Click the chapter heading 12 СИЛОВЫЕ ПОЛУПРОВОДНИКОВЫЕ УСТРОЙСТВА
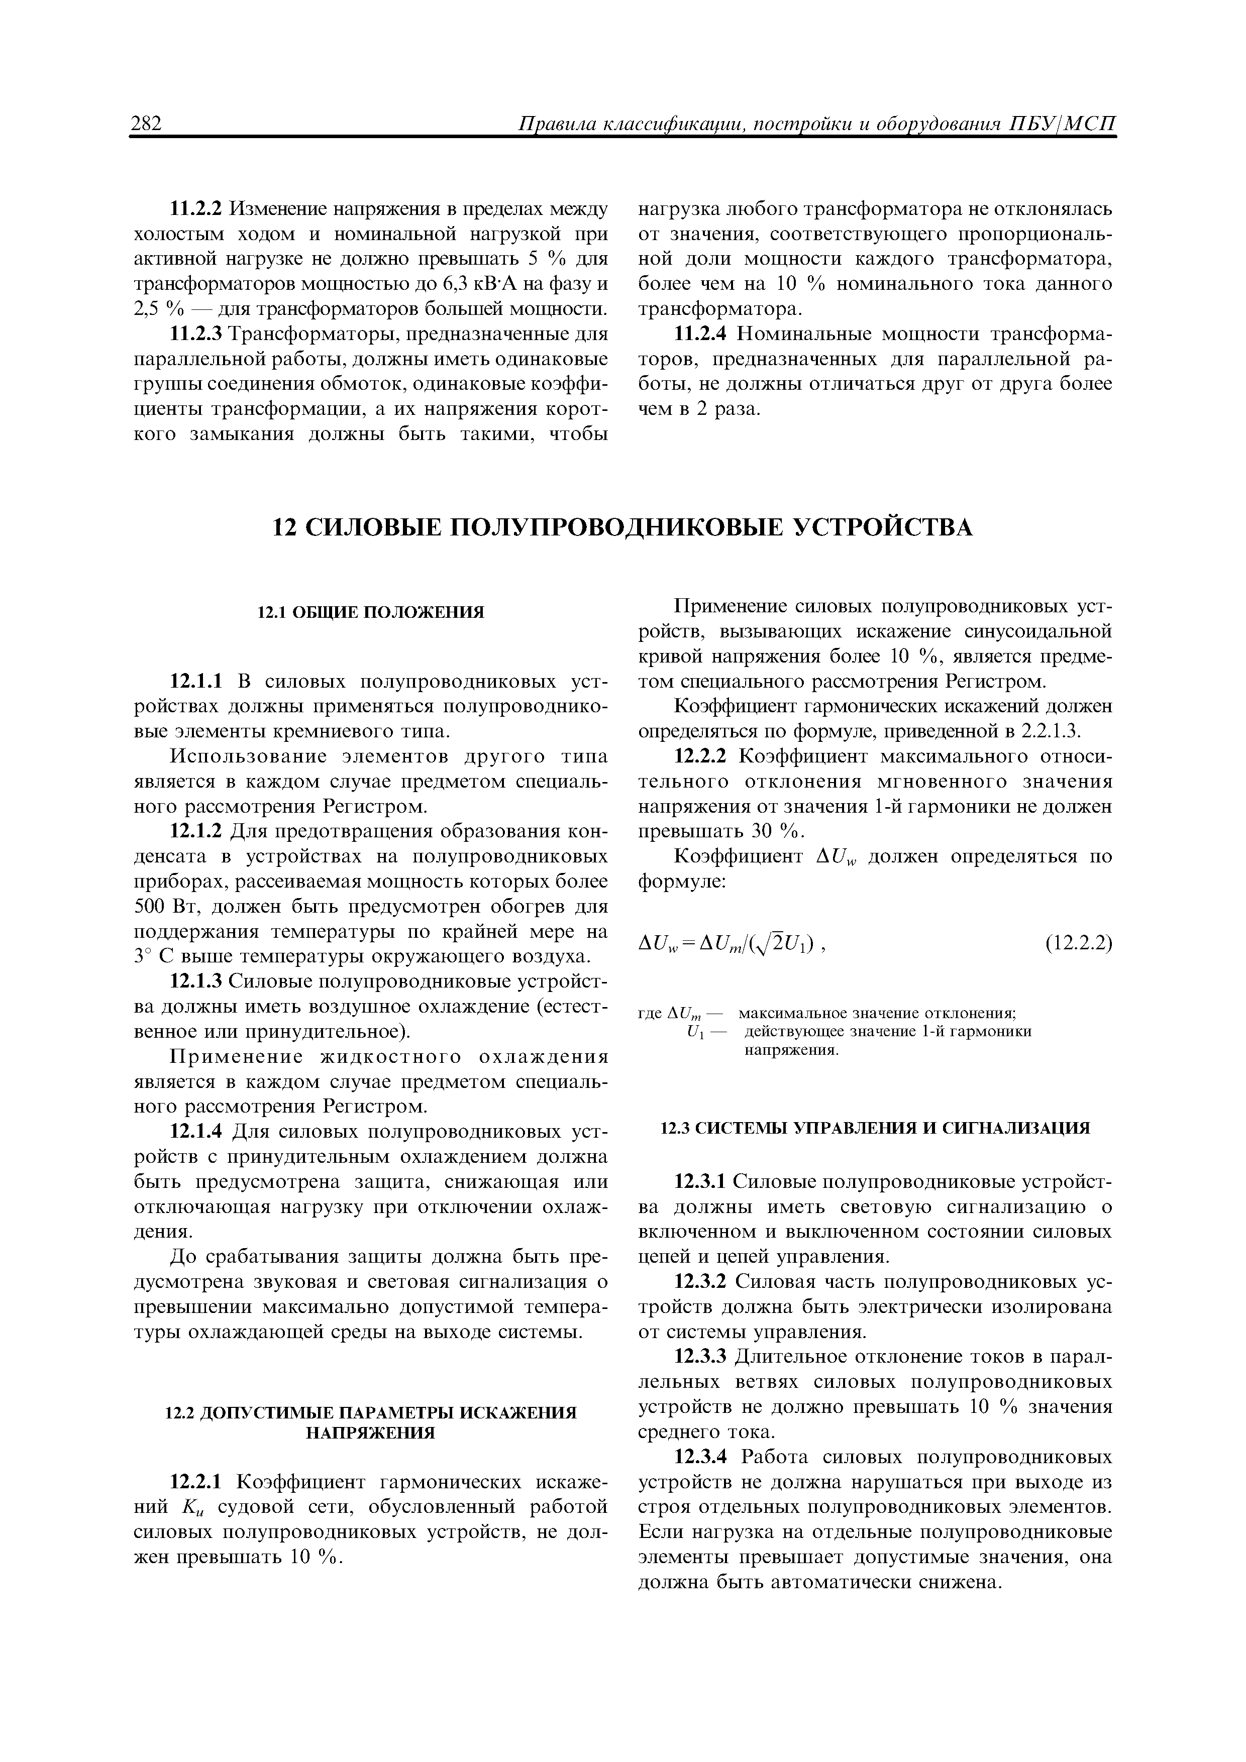622,528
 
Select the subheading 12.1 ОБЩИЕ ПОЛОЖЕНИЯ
370,612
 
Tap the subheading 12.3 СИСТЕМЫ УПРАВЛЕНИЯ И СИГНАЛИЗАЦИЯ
875,1127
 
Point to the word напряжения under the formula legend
791,1050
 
